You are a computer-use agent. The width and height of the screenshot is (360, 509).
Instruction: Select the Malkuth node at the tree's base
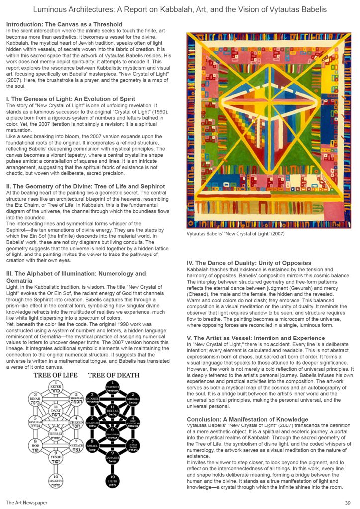point(56,481)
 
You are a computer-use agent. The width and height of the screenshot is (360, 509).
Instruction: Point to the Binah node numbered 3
point(36,399)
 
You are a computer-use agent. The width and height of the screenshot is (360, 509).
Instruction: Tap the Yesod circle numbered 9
point(56,458)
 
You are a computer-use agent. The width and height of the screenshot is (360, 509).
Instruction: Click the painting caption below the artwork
point(236,233)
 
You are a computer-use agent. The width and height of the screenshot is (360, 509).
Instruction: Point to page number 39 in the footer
point(347,503)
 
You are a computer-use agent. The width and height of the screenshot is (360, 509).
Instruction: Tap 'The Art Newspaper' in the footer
point(26,503)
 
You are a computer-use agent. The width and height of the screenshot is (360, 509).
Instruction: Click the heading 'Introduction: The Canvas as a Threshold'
point(64,24)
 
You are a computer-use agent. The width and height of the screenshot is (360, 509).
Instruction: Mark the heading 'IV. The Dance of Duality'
point(249,263)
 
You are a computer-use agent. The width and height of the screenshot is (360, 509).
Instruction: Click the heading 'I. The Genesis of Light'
point(71,99)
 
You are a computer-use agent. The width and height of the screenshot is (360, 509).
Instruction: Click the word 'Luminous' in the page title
point(49,10)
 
